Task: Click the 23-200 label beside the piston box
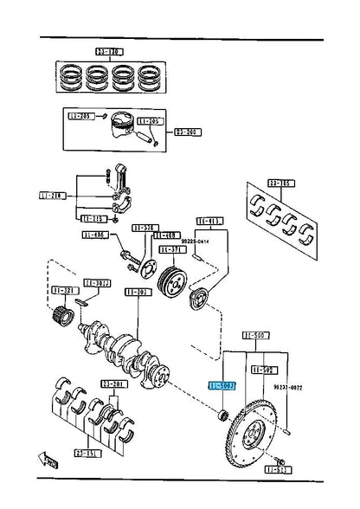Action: click(x=186, y=132)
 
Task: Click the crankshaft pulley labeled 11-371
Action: click(x=173, y=280)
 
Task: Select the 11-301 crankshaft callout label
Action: click(x=137, y=292)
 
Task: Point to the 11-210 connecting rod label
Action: click(x=51, y=197)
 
